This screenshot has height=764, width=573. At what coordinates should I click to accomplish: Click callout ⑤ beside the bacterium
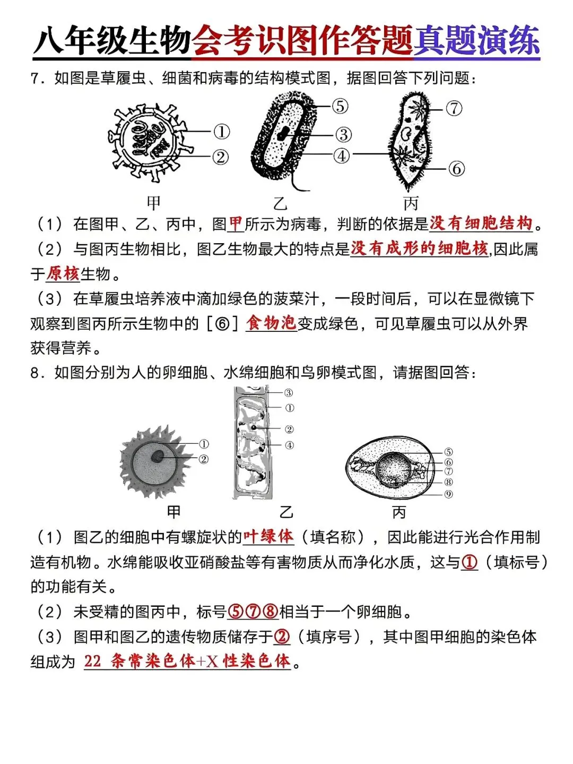(340, 106)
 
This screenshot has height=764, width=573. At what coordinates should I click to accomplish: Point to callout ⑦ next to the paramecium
(454, 108)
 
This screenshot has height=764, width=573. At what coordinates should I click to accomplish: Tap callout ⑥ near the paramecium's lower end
(456, 169)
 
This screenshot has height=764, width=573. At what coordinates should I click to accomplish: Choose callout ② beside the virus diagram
(221, 157)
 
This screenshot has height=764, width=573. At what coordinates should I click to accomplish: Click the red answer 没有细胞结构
(481, 224)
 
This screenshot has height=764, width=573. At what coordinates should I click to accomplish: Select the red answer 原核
(63, 274)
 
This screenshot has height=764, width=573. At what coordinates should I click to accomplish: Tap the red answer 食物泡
(271, 323)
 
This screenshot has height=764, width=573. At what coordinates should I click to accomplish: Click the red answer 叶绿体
(268, 537)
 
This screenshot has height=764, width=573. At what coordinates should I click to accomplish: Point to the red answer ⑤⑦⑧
(253, 612)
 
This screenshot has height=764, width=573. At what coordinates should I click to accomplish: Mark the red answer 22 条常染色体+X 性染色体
(187, 661)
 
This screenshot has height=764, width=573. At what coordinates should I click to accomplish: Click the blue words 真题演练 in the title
(476, 41)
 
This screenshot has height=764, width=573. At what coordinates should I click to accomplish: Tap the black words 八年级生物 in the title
(112, 41)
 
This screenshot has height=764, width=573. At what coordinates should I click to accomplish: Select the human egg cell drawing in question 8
(155, 461)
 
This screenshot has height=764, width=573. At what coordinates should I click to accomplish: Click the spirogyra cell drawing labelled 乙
(253, 443)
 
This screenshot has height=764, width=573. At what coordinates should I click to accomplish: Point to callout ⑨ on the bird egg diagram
(448, 494)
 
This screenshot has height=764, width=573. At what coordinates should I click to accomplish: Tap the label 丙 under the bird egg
(399, 512)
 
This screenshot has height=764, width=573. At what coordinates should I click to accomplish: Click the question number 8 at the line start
(34, 373)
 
